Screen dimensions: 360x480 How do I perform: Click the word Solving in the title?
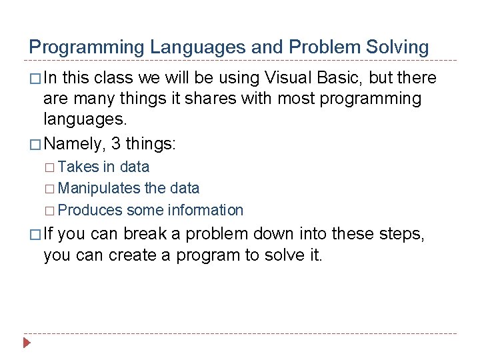coord(399,47)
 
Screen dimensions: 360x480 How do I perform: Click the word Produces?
coord(90,211)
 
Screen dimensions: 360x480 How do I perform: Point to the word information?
coord(205,211)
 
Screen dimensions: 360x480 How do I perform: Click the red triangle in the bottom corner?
coord(26,344)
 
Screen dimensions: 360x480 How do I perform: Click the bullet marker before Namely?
coord(35,143)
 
